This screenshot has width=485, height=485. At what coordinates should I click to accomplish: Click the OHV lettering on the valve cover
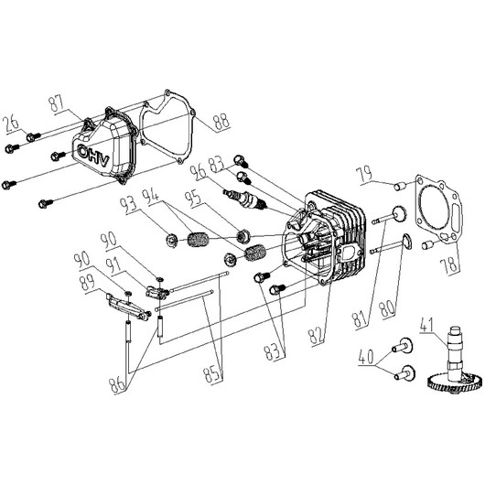(x=93, y=156)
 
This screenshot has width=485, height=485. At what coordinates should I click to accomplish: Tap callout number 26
(x=12, y=124)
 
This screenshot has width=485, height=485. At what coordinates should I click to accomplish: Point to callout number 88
(x=221, y=122)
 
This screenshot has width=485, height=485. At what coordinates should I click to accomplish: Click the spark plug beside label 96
(x=244, y=199)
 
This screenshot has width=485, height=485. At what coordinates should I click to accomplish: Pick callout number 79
(x=365, y=175)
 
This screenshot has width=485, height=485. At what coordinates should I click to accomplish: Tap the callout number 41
(x=427, y=324)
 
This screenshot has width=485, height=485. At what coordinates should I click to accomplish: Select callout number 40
(x=367, y=357)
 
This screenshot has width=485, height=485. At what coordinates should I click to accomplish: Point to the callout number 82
(x=316, y=336)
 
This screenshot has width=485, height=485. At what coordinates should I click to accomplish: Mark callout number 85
(x=213, y=375)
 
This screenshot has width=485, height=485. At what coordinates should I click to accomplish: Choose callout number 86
(x=118, y=384)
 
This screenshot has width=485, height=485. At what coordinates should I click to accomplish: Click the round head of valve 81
(x=399, y=214)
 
